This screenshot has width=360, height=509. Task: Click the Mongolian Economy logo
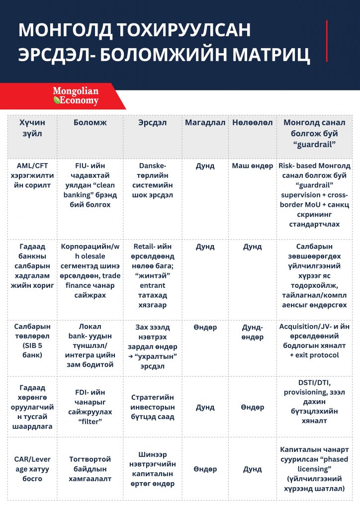click(x=76, y=96)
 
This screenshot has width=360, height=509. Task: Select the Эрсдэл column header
click(x=152, y=122)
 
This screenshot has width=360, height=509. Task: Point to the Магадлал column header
click(x=205, y=122)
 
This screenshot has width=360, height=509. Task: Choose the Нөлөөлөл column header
click(x=252, y=122)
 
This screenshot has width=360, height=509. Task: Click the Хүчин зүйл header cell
click(x=31, y=128)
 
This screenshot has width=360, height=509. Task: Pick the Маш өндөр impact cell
click(x=252, y=166)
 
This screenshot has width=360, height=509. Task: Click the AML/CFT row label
click(x=32, y=175)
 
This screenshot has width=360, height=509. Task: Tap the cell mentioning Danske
click(x=152, y=180)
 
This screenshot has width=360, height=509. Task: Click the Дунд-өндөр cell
click(x=252, y=332)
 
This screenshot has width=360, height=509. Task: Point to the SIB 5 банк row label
click(x=32, y=341)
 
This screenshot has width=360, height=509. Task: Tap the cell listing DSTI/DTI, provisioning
click(x=314, y=401)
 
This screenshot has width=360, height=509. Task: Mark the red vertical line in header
click(x=327, y=41)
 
